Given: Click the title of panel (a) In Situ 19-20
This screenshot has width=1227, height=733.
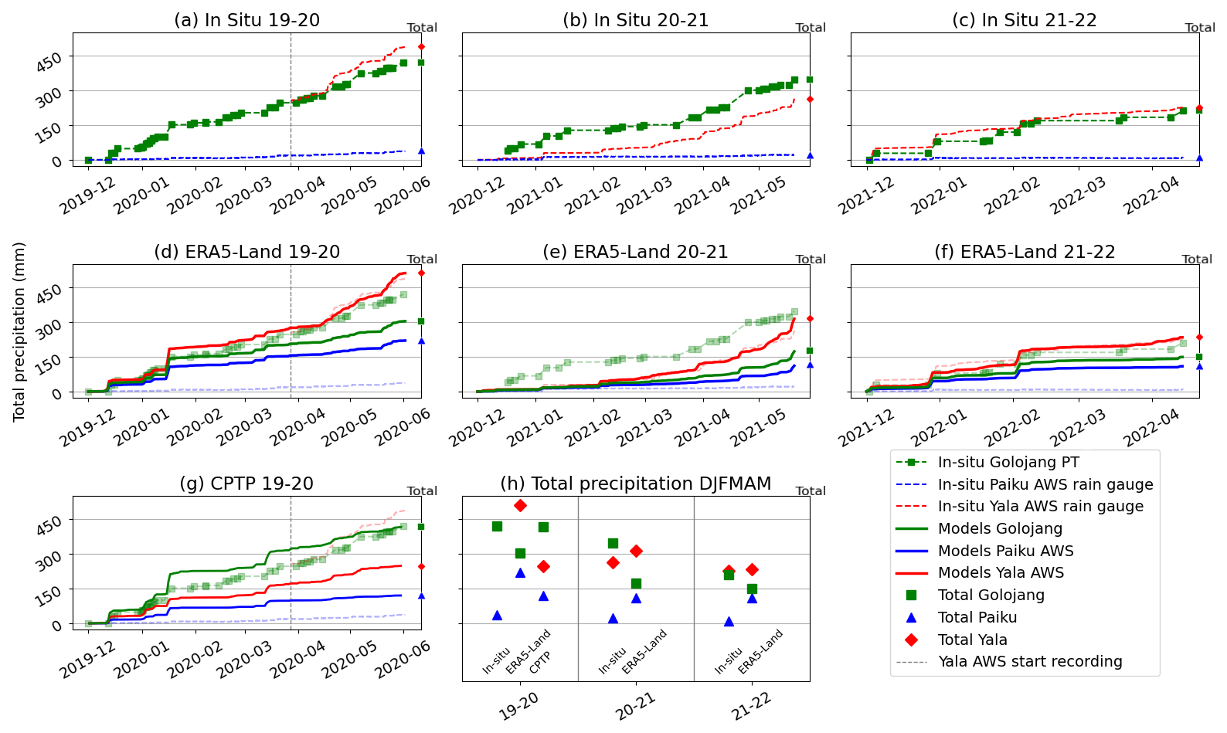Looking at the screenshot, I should tap(246, 20).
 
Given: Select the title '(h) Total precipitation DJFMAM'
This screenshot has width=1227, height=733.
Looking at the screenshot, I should tap(635, 484).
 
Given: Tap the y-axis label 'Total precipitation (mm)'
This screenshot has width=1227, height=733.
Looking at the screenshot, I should tap(19, 331).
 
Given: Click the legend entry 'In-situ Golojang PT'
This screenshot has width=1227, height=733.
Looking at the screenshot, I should tap(1008, 463).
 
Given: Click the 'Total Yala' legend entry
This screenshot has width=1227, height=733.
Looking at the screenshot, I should tap(972, 640).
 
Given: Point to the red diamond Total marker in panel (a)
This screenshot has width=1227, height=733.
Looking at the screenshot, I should tap(421, 47).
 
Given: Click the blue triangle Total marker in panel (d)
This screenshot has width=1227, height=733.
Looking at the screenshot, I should tap(421, 341).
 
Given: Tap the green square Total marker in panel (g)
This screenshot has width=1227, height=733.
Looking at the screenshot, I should tap(421, 527).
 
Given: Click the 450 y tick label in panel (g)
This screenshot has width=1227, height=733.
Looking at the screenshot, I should tap(49, 525).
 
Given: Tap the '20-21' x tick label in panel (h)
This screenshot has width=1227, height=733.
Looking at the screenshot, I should tap(635, 706).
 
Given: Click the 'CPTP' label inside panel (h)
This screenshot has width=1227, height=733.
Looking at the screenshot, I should tap(540, 662).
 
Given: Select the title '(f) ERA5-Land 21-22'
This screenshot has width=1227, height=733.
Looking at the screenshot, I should tap(1025, 252).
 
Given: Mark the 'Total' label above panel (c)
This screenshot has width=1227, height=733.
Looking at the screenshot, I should tap(1199, 28).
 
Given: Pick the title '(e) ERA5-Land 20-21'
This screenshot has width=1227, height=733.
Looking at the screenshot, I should tap(635, 252).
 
